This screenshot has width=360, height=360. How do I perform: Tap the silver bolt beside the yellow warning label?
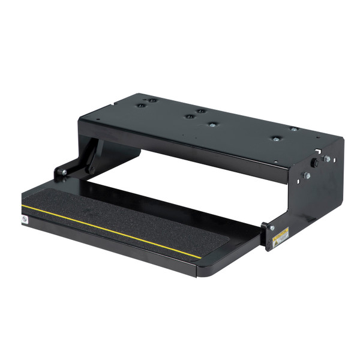(x=271, y=227)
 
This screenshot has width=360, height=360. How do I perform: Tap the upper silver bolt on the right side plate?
(x=326, y=159)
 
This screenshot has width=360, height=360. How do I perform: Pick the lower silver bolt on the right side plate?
(x=306, y=175)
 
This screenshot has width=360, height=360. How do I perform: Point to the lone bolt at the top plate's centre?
(x=212, y=125)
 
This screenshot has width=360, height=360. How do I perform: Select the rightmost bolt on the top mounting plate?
(x=293, y=129)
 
